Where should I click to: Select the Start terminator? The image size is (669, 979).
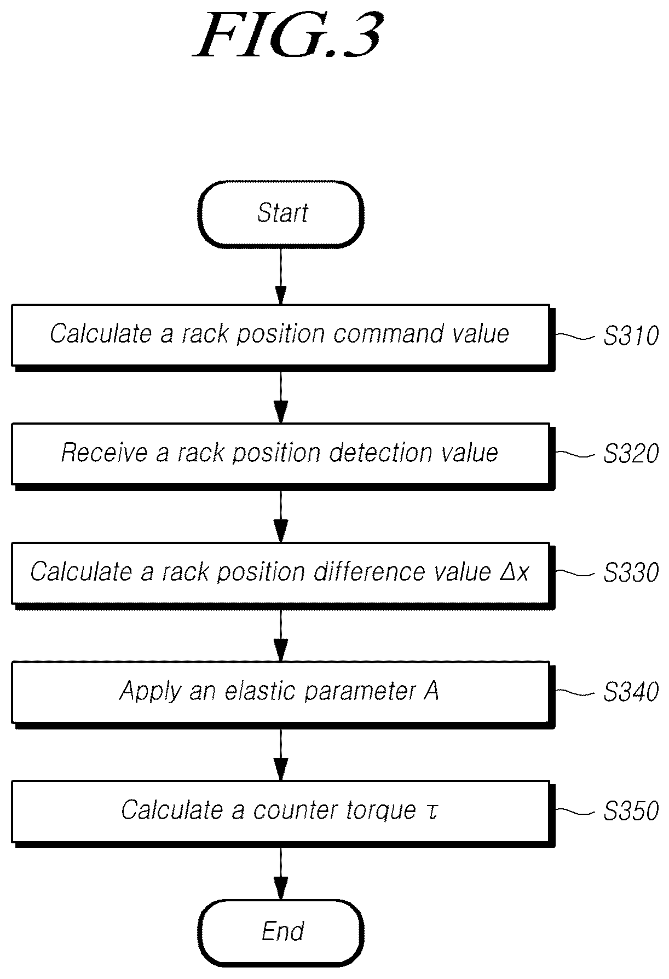pos(281,213)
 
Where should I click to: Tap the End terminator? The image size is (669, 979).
pos(281,931)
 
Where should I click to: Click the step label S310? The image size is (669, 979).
pos(631,335)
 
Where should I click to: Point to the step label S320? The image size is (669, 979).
pos(631,454)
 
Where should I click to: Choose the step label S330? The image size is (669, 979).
pos(631,573)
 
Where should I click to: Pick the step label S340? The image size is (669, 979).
pos(631,692)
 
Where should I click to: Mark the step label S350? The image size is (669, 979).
pos(631,811)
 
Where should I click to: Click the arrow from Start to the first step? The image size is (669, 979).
pos(280,276)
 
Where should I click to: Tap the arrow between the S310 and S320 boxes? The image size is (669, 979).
pos(280,396)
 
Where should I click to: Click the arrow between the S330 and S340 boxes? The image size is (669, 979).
pos(280,635)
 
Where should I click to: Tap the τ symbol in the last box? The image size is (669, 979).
pos(431,811)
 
